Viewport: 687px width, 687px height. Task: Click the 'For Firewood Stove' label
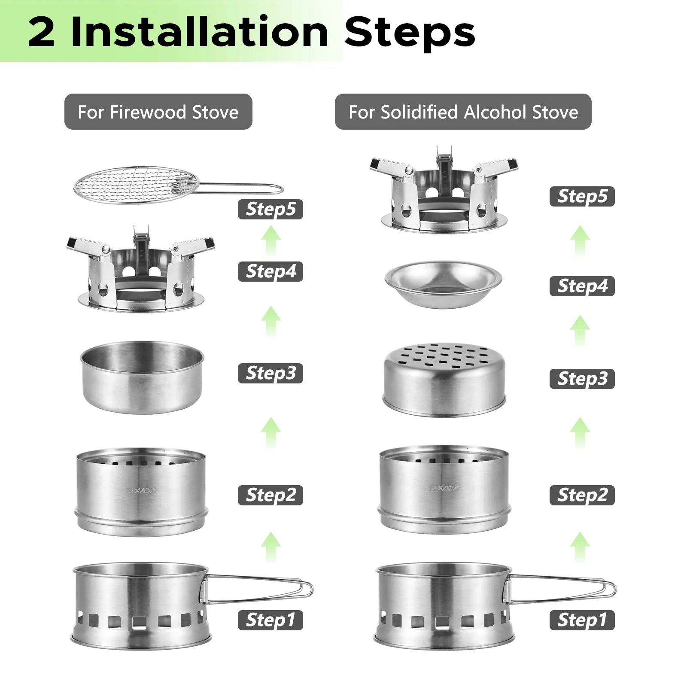158,112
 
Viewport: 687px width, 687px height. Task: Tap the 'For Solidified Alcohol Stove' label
463,112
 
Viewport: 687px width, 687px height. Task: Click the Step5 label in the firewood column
271,209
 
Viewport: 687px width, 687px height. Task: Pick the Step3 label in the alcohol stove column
582,379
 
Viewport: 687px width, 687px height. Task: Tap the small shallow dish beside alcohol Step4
443,285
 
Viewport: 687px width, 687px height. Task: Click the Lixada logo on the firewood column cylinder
142,490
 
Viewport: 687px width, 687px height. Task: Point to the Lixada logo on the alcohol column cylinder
444,488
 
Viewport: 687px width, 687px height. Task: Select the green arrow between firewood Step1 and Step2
271,546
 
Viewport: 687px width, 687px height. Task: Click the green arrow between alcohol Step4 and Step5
580,241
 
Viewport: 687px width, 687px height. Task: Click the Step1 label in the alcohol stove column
582,620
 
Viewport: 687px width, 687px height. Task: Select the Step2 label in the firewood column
271,495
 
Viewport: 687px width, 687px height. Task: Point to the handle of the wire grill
240,188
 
